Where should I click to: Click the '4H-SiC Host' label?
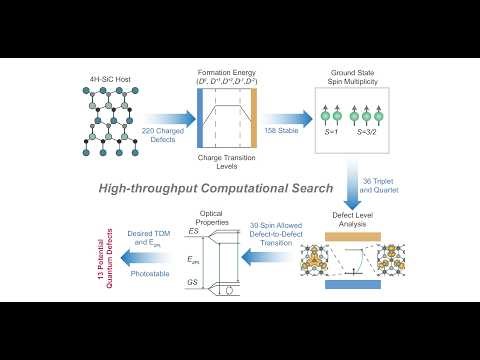[107, 79]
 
